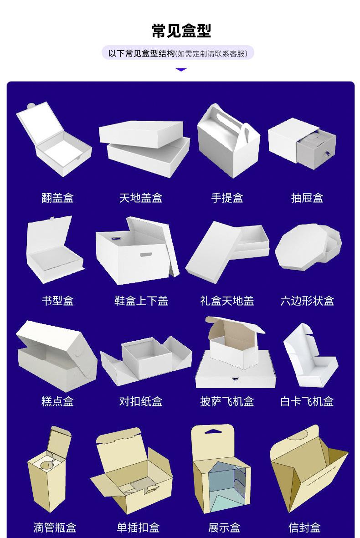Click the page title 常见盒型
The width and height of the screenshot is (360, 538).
[181, 31]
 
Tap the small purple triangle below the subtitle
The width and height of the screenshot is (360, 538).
[181, 70]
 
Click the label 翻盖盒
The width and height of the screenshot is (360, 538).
[57, 198]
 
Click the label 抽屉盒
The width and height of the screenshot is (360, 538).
[307, 198]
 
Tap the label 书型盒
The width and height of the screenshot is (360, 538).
[57, 301]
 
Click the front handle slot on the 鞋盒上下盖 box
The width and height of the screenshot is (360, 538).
[147, 254]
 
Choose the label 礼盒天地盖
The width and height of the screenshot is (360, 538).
[227, 301]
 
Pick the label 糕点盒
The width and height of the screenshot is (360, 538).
[57, 401]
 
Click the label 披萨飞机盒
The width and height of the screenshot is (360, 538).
[227, 401]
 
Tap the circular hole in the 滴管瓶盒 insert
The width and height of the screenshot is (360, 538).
[46, 466]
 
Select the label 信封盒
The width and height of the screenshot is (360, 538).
[304, 528]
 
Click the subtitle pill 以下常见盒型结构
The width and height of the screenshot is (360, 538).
[178, 54]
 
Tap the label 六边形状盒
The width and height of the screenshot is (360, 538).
[307, 301]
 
